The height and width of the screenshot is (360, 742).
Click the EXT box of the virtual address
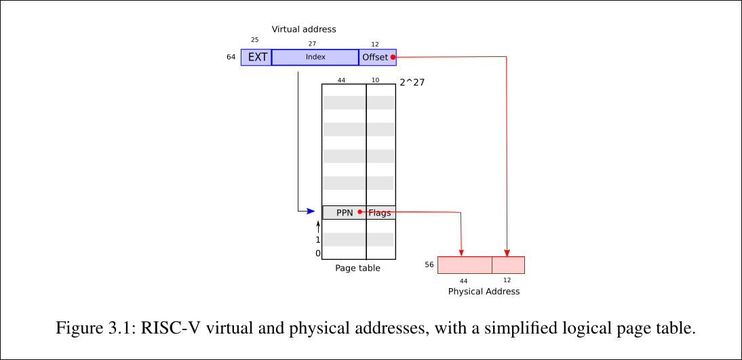pos(256,58)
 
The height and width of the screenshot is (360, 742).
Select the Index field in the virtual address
pos(315,58)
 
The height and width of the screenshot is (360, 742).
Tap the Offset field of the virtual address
pos(375,58)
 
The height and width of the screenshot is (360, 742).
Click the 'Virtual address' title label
pos(304,29)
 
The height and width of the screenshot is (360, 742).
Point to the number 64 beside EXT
pos(231,58)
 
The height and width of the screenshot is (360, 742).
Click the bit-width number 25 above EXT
pos(255,41)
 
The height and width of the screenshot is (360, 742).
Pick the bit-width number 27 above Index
pos(312,44)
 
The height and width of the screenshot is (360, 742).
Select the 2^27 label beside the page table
pos(412,83)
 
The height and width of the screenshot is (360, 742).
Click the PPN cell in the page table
pos(345,212)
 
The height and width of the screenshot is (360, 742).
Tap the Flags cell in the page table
pos(380,213)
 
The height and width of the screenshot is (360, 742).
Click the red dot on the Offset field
pos(393,57)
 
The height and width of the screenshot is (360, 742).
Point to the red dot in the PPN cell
pos(359,212)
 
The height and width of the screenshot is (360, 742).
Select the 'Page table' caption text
pos(357,268)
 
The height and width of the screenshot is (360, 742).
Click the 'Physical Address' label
pos(484,292)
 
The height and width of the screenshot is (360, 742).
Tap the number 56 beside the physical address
pos(429,264)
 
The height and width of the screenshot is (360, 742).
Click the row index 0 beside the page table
pos(317,254)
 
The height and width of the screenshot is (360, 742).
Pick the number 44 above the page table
pos(341,80)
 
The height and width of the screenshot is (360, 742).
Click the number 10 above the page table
pos(376,80)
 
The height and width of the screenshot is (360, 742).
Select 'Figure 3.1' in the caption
pos(94,329)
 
